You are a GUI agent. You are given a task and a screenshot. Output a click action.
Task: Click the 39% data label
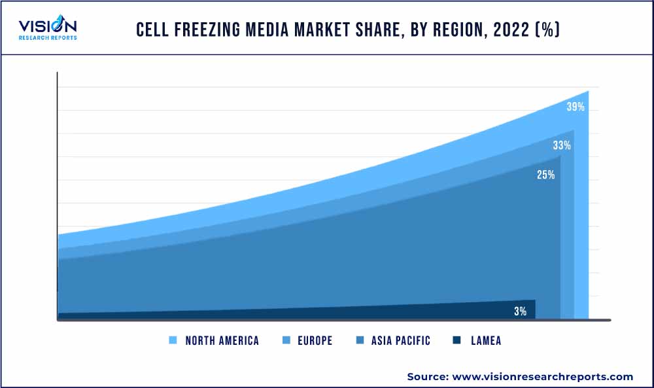tap(576, 107)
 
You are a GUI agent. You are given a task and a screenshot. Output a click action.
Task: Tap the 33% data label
tap(562, 145)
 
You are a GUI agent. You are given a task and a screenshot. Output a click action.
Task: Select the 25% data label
tap(546, 175)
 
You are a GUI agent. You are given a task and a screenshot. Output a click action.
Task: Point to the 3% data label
tap(520, 311)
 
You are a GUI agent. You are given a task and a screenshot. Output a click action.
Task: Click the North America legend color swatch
tap(173, 340)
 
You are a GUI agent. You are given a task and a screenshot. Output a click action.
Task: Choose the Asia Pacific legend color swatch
tap(359, 340)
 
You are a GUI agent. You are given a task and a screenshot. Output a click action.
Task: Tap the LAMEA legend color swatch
tap(456, 340)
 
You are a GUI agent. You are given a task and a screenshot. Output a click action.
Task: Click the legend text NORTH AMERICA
tap(222, 340)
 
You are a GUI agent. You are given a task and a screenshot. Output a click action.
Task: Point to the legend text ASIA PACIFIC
tap(400, 340)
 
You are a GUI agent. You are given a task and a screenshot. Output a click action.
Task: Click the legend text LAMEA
tap(486, 340)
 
